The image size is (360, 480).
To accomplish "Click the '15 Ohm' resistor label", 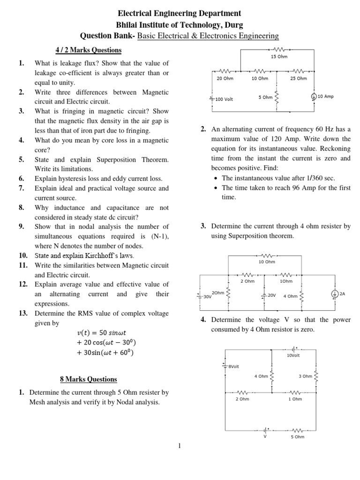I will click(x=279, y=57).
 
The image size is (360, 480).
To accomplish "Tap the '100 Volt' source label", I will click(x=224, y=99).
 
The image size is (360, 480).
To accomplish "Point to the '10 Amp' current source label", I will click(x=325, y=97).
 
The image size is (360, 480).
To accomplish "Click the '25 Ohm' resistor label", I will click(x=299, y=79).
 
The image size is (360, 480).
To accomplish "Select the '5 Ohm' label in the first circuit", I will click(x=265, y=97).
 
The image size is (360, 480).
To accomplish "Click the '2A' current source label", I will click(x=342, y=293).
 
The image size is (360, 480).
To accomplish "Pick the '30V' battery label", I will click(x=207, y=297).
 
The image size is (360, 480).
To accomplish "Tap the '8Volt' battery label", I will click(x=233, y=366).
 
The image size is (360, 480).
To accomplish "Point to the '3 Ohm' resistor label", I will click(x=305, y=376).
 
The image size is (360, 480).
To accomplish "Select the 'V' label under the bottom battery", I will click(x=265, y=436).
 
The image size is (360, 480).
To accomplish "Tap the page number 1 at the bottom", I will click(x=179, y=445).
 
